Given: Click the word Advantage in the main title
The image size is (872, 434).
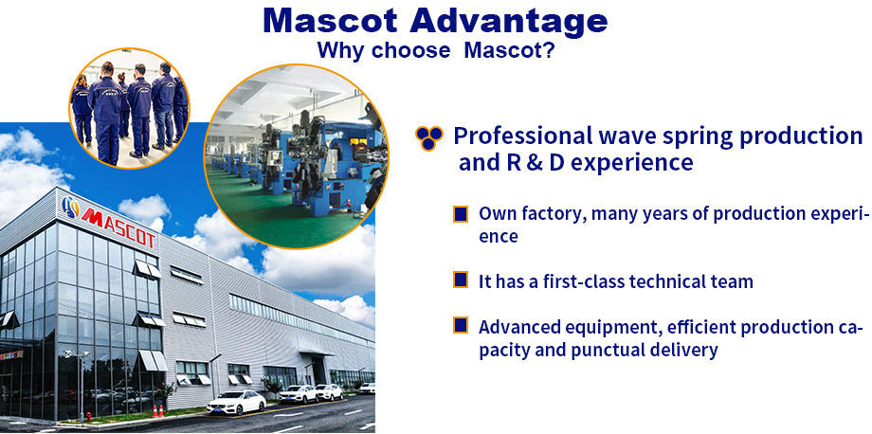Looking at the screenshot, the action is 507,21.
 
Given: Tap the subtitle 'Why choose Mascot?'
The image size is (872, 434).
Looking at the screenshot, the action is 436,50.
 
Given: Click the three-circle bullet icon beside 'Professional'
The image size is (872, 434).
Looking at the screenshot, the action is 428,137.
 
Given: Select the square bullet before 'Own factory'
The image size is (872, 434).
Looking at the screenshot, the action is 461,214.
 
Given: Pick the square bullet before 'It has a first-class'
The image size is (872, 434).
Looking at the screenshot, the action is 461,280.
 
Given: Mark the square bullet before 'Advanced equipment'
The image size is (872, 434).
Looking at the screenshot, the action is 461,325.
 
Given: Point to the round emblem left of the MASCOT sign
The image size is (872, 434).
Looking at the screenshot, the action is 71,207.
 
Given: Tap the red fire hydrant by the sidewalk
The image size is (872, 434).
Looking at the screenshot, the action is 88,416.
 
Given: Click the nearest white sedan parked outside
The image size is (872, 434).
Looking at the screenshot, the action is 236,402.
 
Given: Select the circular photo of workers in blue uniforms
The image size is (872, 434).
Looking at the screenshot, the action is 130,108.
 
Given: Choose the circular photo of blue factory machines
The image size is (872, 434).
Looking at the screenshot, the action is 297,156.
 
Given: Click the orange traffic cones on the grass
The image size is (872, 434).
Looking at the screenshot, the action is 157,411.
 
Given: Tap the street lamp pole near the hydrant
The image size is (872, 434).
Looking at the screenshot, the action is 82,385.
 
